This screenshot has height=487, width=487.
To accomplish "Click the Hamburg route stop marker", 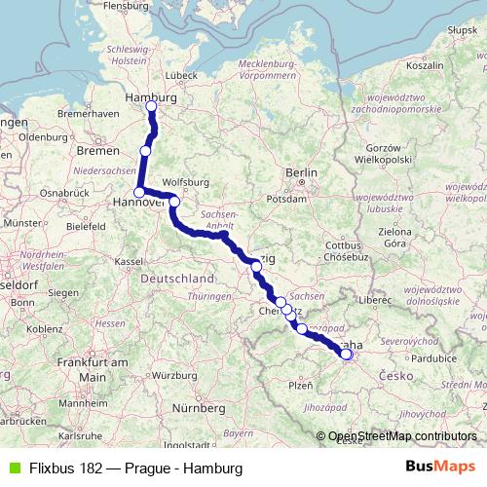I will (151, 106).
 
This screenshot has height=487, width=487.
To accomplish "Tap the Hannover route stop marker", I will (138, 192).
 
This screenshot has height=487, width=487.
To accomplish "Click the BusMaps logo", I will (440, 468).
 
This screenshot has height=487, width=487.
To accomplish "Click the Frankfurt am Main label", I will (93, 369).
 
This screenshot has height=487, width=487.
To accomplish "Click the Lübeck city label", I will (181, 74).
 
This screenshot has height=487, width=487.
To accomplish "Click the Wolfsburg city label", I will (187, 181).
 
